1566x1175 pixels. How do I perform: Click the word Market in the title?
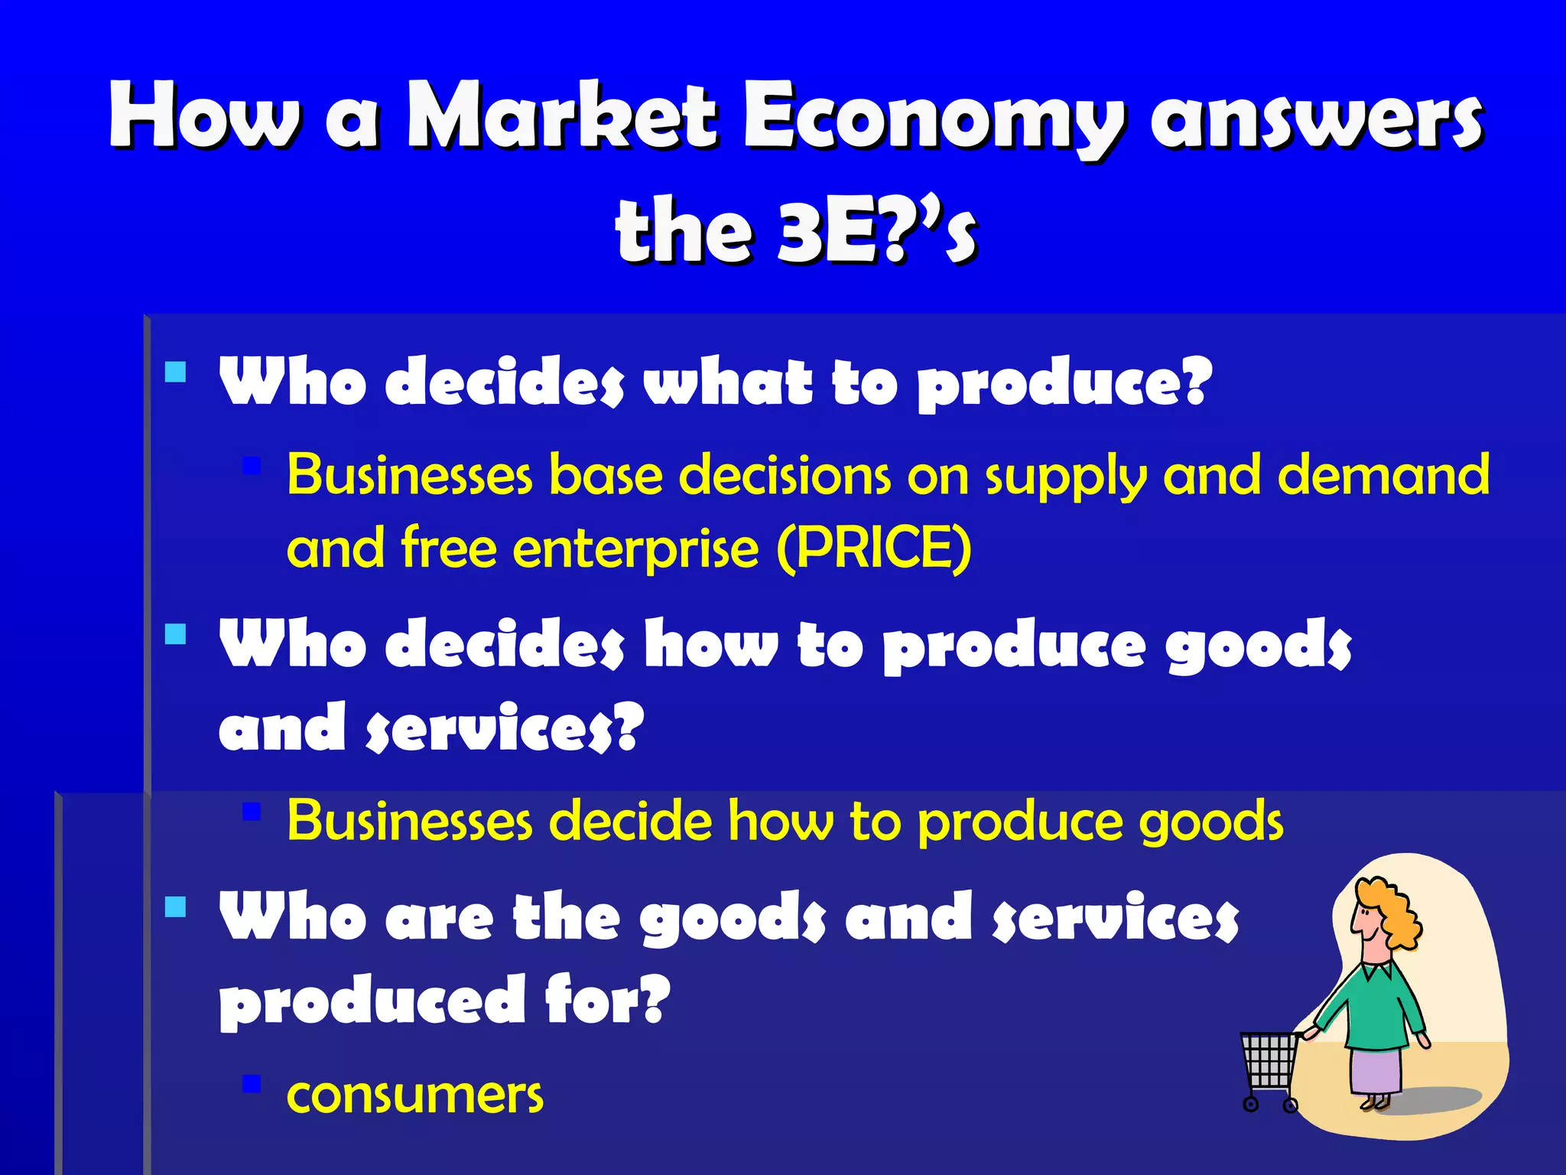click(562, 116)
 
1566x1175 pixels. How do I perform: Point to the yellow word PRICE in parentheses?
click(874, 548)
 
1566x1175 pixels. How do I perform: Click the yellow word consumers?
click(415, 1095)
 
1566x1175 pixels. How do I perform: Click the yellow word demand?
click(1383, 474)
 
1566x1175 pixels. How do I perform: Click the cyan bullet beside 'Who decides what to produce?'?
click(176, 373)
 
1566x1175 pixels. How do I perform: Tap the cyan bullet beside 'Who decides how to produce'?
click(176, 634)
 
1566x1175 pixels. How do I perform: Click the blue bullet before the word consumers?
click(252, 1084)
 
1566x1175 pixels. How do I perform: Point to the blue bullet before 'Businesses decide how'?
click(252, 811)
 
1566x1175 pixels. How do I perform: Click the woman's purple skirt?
click(1377, 1071)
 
